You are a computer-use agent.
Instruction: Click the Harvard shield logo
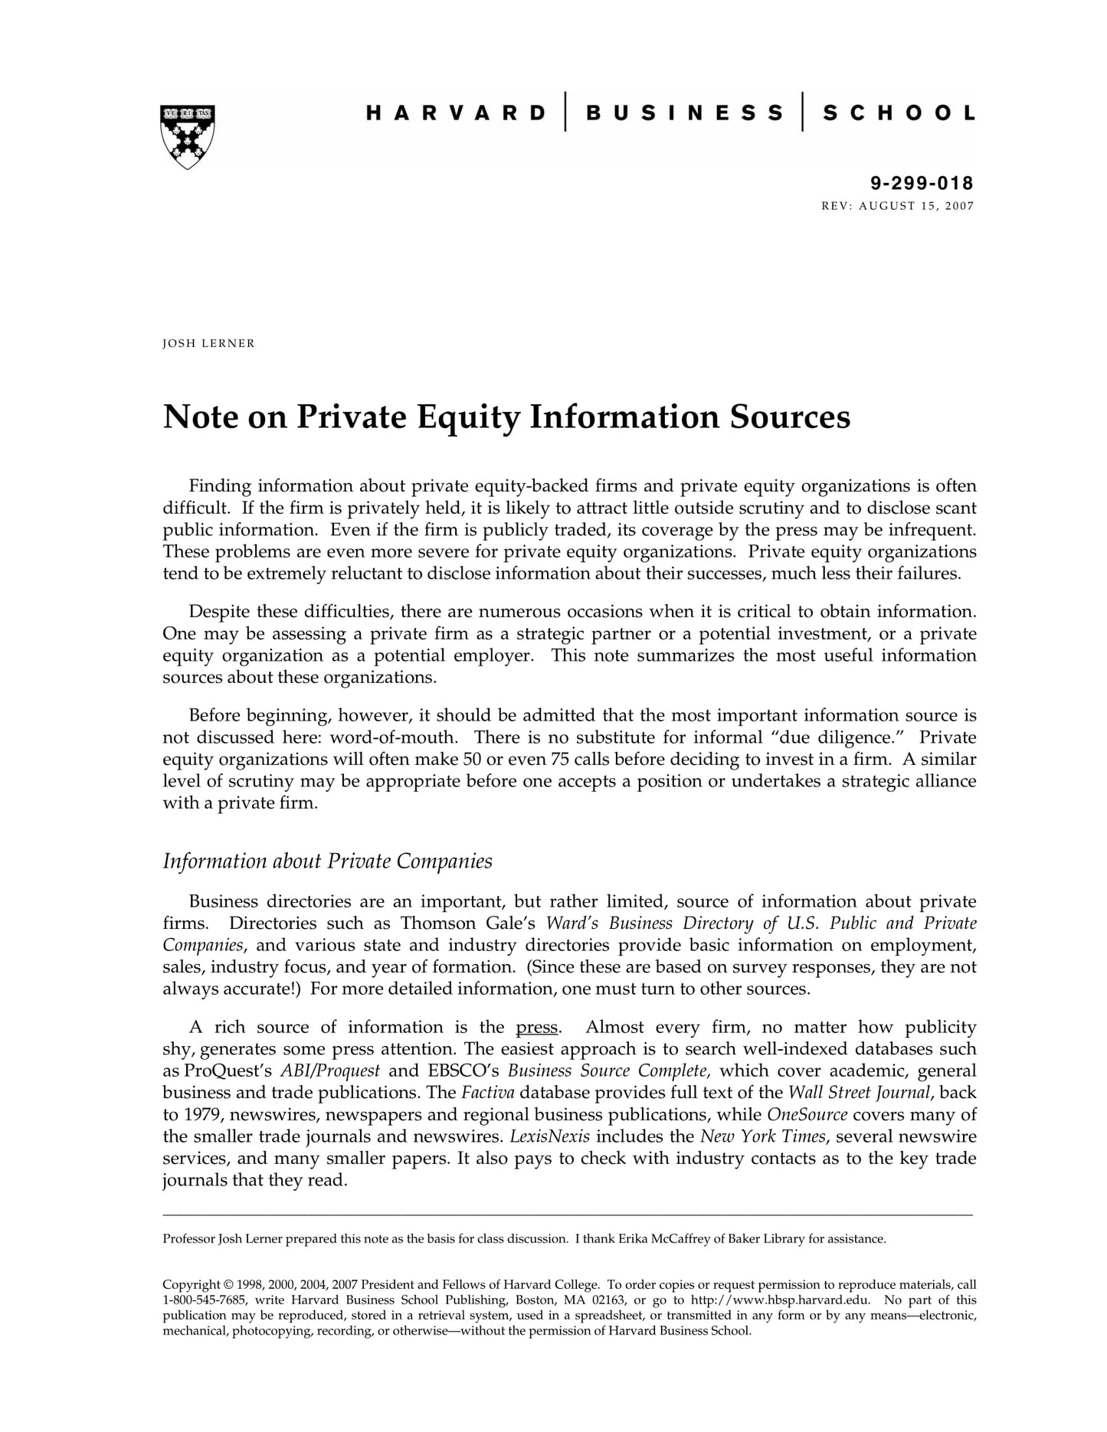tap(188, 136)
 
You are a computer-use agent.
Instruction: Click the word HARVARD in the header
tap(457, 113)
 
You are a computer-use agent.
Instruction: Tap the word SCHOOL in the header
tap(899, 113)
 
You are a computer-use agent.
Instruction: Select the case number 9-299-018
tap(922, 183)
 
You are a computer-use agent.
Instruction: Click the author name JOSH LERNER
tap(208, 344)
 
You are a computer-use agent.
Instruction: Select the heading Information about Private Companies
tap(327, 861)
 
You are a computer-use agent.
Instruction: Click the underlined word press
tap(536, 1028)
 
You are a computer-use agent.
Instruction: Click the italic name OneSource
tap(807, 1115)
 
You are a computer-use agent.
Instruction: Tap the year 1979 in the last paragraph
tap(201, 1115)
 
